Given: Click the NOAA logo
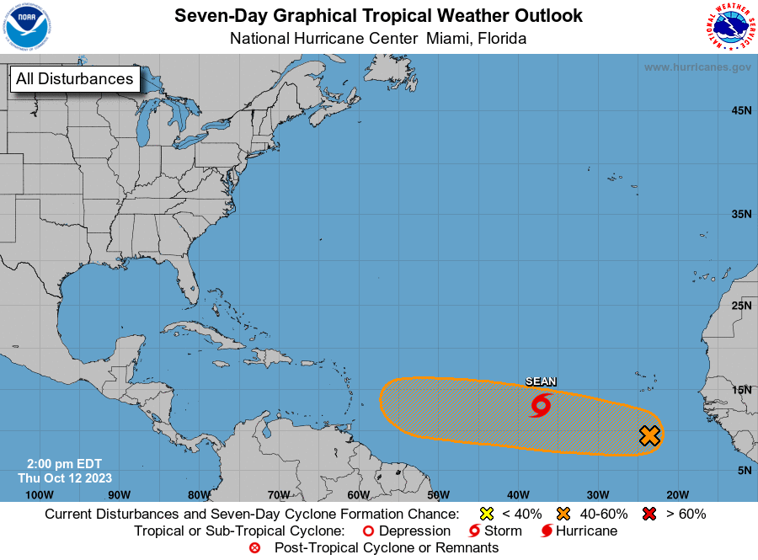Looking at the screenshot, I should [27, 27].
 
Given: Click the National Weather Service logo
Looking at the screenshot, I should [729, 27].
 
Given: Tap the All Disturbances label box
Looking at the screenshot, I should [75, 79].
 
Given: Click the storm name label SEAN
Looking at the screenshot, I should [541, 381].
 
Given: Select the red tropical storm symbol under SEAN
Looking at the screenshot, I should [540, 407].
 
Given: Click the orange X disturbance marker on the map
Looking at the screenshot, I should [649, 435].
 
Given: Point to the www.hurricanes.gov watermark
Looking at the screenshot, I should [697, 67].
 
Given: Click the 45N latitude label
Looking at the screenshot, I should [741, 110].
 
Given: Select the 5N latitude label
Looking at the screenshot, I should [744, 470].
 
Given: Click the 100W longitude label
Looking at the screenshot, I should [40, 494].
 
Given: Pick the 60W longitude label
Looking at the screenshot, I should [358, 494].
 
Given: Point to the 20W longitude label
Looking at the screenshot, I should [677, 494].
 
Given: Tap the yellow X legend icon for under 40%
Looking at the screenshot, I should [486, 514].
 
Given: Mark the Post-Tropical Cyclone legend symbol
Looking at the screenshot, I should [255, 548].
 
